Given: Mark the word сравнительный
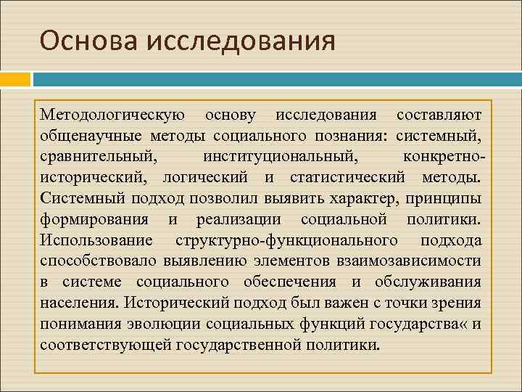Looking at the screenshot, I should (x=98, y=156).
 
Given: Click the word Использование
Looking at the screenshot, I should (x=96, y=240).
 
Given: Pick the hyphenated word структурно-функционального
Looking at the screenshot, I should (x=286, y=240).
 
